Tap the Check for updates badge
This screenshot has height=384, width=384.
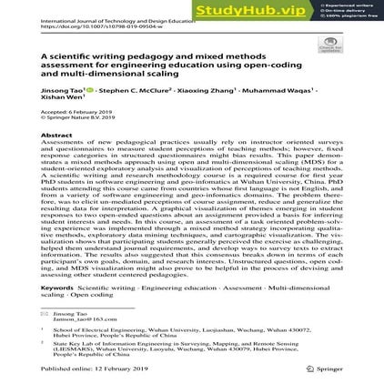(329, 44)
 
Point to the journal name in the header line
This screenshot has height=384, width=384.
(118, 19)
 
